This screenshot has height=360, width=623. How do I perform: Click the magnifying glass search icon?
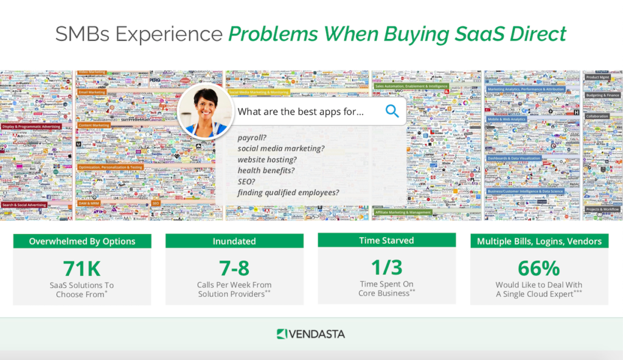pos(392,111)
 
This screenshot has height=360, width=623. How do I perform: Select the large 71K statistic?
pos(82,268)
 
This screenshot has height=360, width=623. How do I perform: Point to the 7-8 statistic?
pos(234,268)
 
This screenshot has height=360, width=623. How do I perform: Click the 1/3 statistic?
pos(386,266)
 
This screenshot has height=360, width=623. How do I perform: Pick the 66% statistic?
pos(538,268)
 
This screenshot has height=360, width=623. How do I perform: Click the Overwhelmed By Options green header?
pos(82,241)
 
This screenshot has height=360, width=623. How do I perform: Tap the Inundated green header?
pos(234,241)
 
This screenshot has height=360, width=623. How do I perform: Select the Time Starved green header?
pos(386,240)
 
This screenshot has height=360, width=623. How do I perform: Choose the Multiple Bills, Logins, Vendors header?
pos(539,241)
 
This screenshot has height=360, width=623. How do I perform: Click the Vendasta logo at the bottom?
pos(311,334)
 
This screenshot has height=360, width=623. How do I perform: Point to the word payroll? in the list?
pos(252,137)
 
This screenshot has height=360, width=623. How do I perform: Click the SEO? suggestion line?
pos(246,182)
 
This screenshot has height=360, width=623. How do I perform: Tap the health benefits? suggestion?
pos(266,171)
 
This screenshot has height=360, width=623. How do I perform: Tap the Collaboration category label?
pos(597,116)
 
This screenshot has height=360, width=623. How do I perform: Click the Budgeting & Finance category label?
pos(602,95)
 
